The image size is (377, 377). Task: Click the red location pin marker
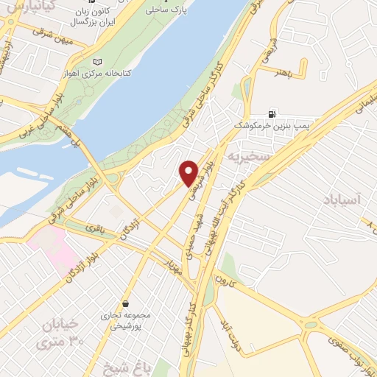(x=188, y=172)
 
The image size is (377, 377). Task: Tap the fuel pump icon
(x=273, y=114)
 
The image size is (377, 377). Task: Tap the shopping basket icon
(x=127, y=303)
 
